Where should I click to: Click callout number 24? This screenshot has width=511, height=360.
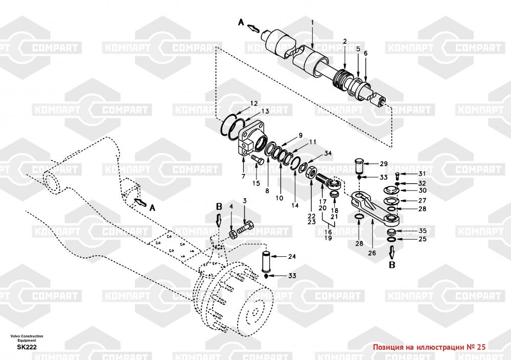[x=292, y=256]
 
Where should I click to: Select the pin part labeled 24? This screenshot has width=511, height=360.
[x=267, y=261]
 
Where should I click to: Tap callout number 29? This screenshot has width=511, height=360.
[x=384, y=163]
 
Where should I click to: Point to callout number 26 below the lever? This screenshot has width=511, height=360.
[x=372, y=253]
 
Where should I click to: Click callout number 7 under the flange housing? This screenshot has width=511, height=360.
[x=243, y=177]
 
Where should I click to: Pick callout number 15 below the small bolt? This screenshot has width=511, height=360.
[x=256, y=183]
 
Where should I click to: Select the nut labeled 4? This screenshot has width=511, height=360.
[x=233, y=234]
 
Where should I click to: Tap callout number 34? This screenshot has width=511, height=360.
[x=328, y=153]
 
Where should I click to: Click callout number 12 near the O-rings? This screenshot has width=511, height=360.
[x=253, y=104]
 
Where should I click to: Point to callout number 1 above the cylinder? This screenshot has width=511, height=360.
[x=312, y=23]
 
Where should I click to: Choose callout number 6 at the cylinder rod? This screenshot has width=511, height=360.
[x=366, y=53]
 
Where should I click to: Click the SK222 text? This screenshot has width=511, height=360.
[x=27, y=347]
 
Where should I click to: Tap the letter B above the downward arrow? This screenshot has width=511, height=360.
[x=219, y=206]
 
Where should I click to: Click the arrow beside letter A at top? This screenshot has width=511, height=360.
[x=253, y=29]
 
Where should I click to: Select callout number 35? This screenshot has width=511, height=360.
[x=423, y=231]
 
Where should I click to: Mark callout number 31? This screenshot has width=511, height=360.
[x=422, y=174]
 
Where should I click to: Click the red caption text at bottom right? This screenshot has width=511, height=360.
[x=429, y=347]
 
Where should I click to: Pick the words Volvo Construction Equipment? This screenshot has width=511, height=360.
[x=27, y=338]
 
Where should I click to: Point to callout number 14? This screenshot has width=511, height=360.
[x=295, y=205]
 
